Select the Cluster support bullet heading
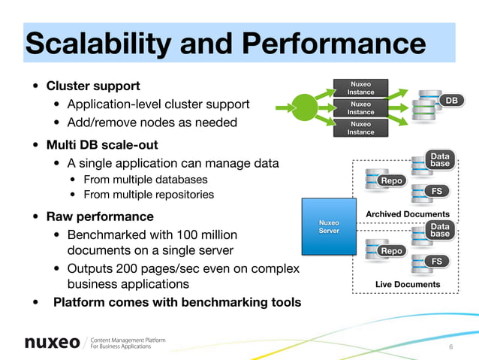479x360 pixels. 93,85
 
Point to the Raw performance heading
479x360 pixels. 97,218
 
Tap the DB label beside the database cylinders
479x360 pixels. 451,101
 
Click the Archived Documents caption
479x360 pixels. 407,215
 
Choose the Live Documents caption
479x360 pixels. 408,284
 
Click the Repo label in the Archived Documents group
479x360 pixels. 391,181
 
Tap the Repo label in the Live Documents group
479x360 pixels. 391,250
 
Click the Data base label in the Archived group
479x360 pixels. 440,160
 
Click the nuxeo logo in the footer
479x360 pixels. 52,343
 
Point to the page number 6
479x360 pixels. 450,347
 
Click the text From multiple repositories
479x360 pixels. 149,195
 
